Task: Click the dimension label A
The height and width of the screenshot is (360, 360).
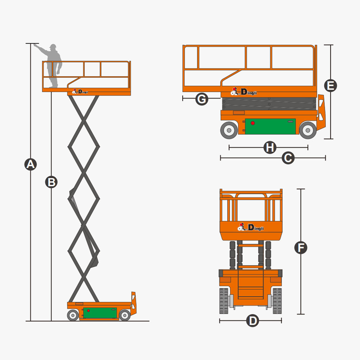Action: coord(31,164)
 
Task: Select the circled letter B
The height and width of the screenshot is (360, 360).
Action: coord(51,182)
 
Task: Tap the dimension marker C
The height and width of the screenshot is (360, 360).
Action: coord(288,158)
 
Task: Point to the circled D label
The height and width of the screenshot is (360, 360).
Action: coord(253,320)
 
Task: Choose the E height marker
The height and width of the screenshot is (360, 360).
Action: coord(330,86)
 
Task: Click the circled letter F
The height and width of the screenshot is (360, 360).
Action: coord(301,248)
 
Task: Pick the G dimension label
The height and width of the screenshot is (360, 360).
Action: coord(202,99)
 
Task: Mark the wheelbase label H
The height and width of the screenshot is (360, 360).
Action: coord(270,147)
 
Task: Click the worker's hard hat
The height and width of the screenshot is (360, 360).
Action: coord(53,46)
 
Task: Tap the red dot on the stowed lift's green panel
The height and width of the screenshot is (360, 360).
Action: coord(253,123)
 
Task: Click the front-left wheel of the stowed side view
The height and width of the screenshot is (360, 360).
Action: coord(229,130)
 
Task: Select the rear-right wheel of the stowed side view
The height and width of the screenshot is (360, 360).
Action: coord(308,130)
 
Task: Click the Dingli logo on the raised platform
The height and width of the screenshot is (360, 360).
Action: coord(80,91)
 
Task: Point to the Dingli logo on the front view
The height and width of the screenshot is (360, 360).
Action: coord(251,227)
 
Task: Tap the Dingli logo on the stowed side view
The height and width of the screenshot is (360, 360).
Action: coord(244,91)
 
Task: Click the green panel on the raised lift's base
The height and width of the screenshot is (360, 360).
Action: coord(100,313)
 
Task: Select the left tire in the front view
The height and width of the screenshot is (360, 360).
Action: coord(224,301)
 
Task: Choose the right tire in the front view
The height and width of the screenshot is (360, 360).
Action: coord(277,301)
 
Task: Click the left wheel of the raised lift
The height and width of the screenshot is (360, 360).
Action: coord(73,315)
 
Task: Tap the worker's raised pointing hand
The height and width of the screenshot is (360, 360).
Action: coord(36,45)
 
